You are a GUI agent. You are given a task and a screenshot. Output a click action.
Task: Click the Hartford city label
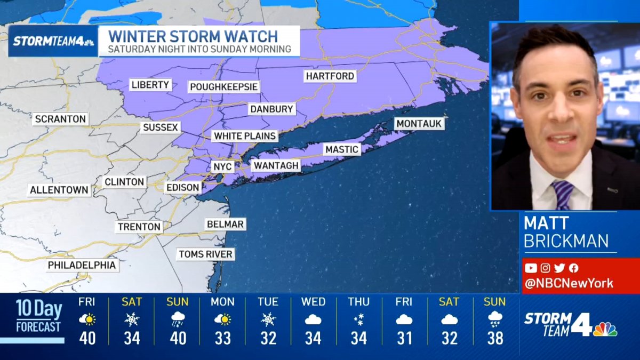(330, 76)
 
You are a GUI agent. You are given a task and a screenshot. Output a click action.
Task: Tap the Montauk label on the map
(419, 124)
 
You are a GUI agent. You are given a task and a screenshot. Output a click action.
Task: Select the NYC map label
(222, 167)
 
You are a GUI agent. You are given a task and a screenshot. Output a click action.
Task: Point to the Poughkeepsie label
(224, 87)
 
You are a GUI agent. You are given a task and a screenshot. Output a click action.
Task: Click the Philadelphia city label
(82, 265)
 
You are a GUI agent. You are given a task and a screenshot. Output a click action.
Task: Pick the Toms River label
(205, 254)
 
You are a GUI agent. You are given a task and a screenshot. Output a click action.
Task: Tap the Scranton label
(60, 119)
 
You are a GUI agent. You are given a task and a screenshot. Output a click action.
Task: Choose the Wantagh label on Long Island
(276, 166)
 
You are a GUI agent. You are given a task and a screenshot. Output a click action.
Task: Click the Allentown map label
(59, 190)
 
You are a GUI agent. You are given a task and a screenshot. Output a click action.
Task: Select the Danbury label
(272, 109)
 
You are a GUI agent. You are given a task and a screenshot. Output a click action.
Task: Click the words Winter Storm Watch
(193, 37)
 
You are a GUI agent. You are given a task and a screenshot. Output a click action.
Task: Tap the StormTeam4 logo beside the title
(53, 41)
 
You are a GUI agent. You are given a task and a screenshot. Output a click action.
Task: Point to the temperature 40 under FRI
(87, 338)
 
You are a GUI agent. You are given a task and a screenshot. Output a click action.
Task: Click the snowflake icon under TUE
(268, 319)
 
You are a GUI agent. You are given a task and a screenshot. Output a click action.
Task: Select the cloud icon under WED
(313, 319)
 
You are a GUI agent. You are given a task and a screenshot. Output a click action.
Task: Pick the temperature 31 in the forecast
(404, 338)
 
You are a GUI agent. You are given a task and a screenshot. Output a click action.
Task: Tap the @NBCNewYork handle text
(569, 283)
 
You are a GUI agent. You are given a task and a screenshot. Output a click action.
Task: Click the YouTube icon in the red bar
(531, 268)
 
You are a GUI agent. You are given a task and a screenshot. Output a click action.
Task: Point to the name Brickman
(566, 241)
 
